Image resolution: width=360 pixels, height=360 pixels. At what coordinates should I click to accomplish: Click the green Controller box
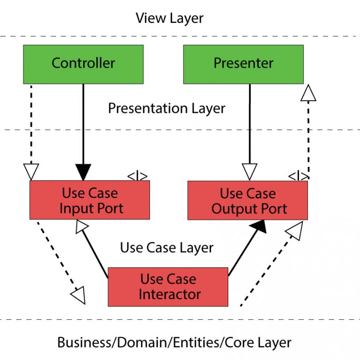tap(83, 64)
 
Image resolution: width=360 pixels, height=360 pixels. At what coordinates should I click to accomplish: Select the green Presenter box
tap(243, 64)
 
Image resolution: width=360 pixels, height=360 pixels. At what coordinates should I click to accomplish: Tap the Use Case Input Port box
tap(90, 200)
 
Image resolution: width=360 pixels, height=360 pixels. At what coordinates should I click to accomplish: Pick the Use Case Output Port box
tap(247, 200)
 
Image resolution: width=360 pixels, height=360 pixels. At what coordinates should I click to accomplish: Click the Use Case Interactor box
tap(168, 286)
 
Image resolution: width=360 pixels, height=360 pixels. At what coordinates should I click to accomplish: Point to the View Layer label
tap(169, 18)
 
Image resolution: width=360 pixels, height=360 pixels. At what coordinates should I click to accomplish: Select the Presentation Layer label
tap(166, 108)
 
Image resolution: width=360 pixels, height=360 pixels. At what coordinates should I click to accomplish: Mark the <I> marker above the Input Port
tap(137, 177)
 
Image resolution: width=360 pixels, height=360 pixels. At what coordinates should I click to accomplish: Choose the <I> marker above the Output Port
tap(298, 177)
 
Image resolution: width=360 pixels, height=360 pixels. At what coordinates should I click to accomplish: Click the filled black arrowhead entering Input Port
tap(83, 172)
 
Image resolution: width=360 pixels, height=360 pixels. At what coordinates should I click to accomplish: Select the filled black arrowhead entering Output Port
tap(258, 227)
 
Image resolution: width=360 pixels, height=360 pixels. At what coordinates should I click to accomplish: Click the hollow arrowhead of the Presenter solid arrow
tap(249, 172)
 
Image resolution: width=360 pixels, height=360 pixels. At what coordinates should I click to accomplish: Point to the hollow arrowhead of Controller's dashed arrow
tap(30, 172)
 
